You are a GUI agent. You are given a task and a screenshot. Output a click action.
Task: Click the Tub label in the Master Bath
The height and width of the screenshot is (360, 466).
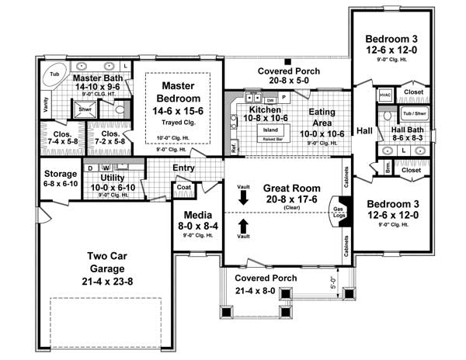54,74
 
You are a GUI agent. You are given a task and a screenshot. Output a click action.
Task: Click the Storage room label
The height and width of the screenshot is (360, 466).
60,174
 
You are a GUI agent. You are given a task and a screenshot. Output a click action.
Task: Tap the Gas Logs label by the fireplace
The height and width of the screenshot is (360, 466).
339,213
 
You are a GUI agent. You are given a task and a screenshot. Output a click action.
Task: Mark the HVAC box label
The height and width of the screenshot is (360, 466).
385,95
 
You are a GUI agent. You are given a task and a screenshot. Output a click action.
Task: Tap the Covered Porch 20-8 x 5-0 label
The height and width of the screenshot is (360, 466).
288,75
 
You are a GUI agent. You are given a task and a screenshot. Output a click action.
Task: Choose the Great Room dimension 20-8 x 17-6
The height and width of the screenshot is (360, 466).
287,199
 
